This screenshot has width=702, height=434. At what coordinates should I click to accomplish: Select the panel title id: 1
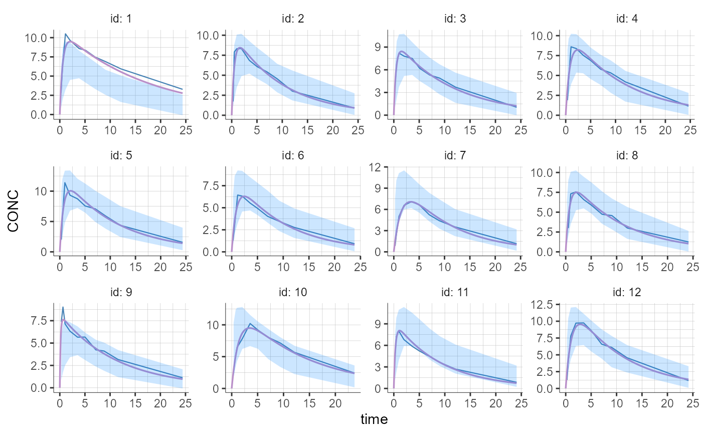pos(121,19)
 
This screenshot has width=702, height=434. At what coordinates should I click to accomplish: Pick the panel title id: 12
pos(630,292)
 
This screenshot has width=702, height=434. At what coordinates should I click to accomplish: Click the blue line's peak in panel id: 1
pos(66,34)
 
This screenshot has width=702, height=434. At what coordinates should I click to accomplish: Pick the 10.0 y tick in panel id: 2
pos(210,36)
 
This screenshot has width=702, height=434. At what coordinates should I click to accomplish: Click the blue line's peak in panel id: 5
pos(65,182)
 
